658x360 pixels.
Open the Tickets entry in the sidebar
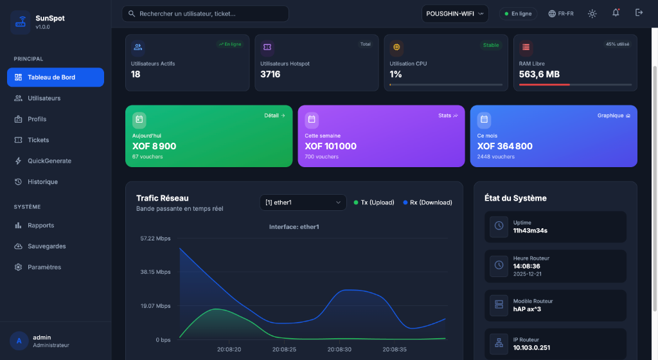click(38, 140)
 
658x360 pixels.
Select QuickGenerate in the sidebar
click(49, 161)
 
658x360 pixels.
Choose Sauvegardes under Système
click(46, 246)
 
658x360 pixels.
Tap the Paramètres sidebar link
click(44, 267)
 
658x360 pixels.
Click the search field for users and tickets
click(206, 14)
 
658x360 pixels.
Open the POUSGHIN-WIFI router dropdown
click(455, 14)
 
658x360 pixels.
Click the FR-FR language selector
click(561, 14)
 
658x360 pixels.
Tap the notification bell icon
click(616, 13)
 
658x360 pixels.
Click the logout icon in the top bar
click(639, 13)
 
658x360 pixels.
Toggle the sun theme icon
click(592, 14)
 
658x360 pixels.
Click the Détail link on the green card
click(274, 116)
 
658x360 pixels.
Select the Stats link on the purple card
click(448, 116)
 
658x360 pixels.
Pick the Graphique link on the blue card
click(614, 116)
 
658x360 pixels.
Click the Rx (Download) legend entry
click(427, 203)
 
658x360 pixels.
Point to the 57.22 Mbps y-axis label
click(156, 239)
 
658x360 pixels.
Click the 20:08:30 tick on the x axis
click(339, 350)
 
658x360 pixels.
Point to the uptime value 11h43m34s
click(530, 230)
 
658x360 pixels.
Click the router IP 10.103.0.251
click(531, 348)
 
